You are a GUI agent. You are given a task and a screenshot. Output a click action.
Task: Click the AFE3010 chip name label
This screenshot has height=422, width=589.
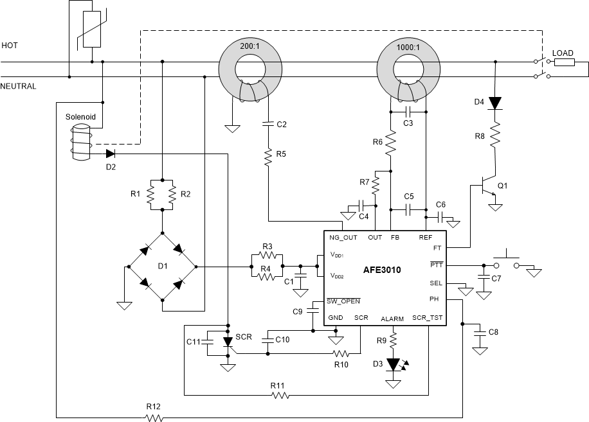point(381,270)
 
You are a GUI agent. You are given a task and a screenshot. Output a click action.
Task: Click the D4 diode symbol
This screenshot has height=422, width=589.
point(495,103)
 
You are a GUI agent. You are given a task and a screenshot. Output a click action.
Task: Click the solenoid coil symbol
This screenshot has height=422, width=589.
point(81,141)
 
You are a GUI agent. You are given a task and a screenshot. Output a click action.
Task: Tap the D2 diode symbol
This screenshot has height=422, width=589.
point(110,154)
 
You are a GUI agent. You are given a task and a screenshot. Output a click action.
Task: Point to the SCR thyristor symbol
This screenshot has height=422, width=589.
point(226,342)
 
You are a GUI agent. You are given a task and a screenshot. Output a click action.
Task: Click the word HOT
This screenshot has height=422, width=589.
point(10,46)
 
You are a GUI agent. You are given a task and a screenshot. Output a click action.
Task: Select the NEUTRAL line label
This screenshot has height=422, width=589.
point(18,86)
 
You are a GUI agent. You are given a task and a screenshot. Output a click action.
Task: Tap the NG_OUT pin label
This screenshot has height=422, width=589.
point(343,237)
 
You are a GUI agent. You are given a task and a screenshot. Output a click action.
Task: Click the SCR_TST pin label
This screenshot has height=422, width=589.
point(427,318)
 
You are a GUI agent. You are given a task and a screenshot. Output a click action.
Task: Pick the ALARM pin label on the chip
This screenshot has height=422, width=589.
point(392,319)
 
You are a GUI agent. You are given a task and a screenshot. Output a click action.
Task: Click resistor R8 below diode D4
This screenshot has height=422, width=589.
point(495,136)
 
